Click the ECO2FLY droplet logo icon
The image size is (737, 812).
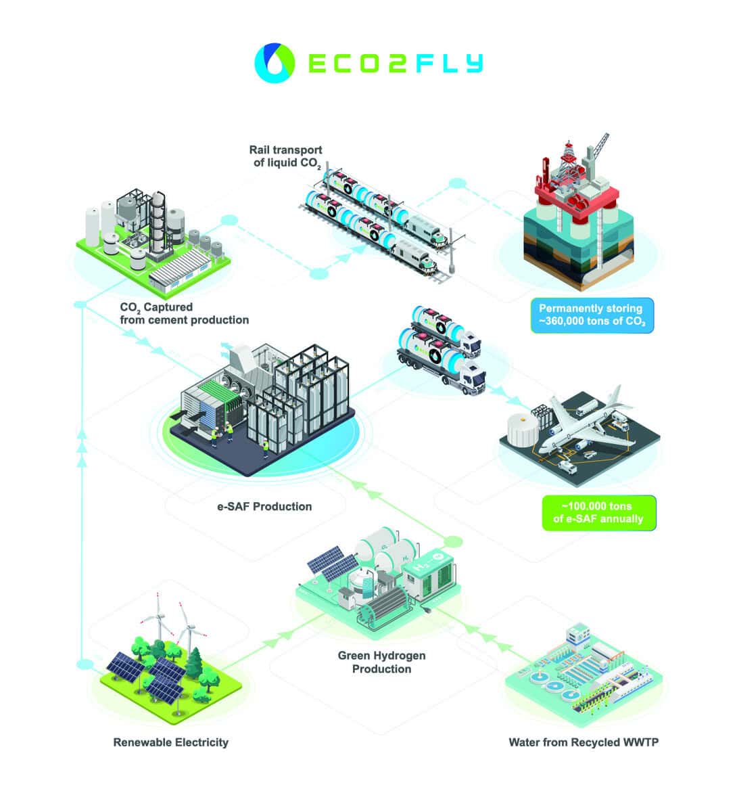pyautogui.click(x=275, y=63)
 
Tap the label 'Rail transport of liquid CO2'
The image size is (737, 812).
pyautogui.click(x=286, y=157)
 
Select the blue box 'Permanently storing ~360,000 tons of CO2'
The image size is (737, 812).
pyautogui.click(x=592, y=315)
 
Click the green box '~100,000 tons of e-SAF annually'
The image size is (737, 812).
pyautogui.click(x=598, y=512)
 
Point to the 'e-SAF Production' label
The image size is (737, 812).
pyautogui.click(x=264, y=506)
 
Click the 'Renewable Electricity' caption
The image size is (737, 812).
pyautogui.click(x=170, y=742)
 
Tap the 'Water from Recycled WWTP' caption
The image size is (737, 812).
pyautogui.click(x=584, y=742)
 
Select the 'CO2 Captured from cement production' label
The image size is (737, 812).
pyautogui.click(x=185, y=314)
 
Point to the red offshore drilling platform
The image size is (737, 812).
pyautogui.click(x=577, y=210)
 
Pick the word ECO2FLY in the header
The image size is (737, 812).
pyautogui.click(x=396, y=63)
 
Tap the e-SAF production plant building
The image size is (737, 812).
pyautogui.click(x=263, y=409)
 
